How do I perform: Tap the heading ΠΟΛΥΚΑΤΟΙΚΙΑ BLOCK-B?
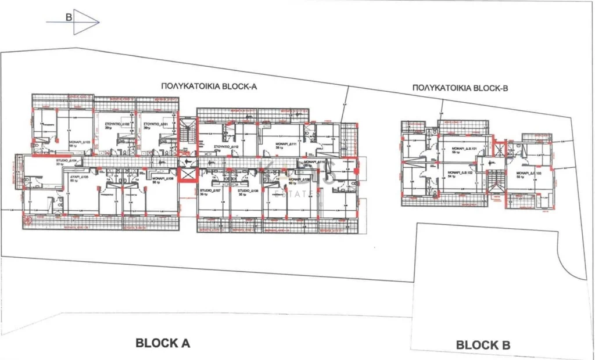pyautogui.click(x=460, y=88)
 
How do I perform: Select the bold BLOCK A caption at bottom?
pyautogui.click(x=163, y=343)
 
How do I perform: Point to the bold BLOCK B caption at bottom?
pyautogui.click(x=483, y=345)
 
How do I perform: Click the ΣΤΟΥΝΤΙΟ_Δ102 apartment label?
pyautogui.click(x=117, y=124)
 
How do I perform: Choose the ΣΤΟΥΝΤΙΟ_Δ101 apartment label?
pyautogui.click(x=156, y=124)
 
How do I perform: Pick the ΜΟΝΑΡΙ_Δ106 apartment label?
pyautogui.click(x=163, y=179)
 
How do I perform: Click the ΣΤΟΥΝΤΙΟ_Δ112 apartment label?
pyautogui.click(x=227, y=147)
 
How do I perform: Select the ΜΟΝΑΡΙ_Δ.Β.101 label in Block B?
pyautogui.click(x=464, y=149)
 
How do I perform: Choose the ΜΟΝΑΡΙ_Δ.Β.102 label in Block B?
pyautogui.click(x=461, y=172)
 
